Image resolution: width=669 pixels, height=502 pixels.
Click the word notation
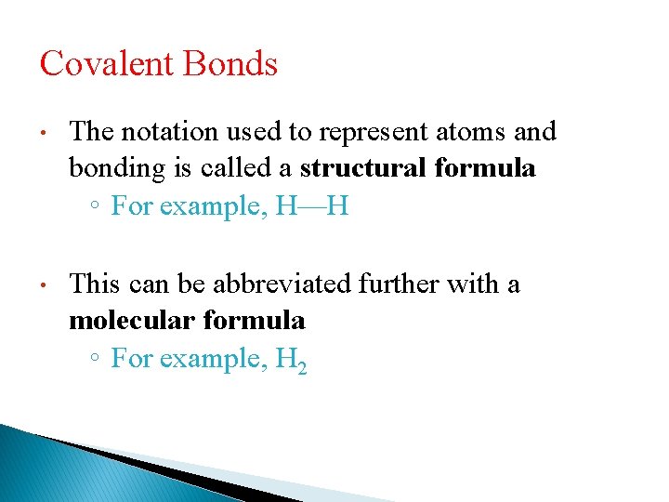(x=172, y=132)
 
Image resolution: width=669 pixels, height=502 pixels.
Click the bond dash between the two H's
(x=311, y=206)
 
